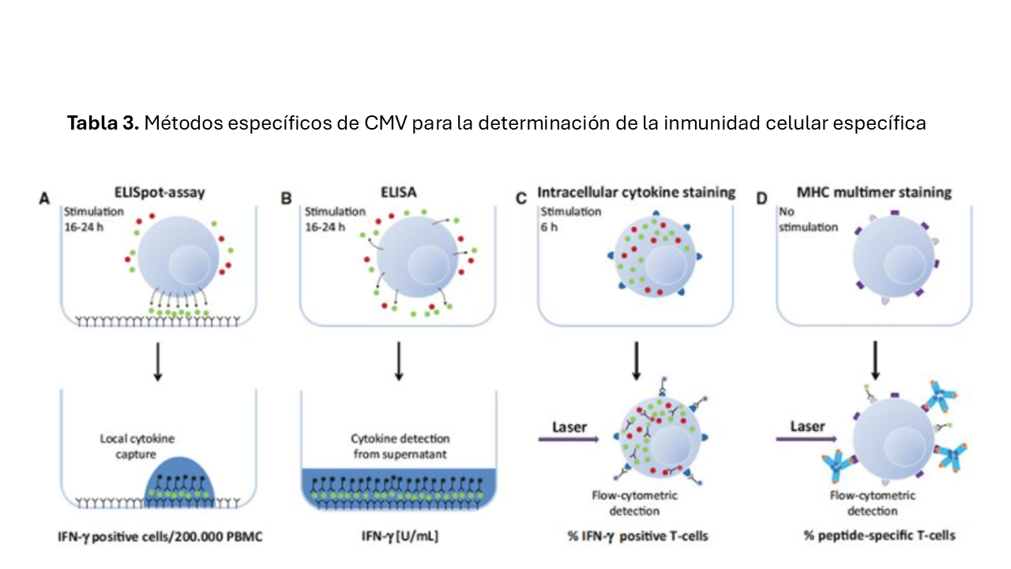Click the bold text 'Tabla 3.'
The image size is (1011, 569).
tap(103, 123)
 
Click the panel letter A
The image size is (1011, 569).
tap(47, 198)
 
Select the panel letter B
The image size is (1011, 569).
tap(286, 198)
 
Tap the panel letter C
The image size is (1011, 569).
tap(521, 198)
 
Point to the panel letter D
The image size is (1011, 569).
tap(762, 198)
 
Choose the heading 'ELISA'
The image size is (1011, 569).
tap(399, 191)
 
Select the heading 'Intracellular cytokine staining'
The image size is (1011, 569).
tap(637, 192)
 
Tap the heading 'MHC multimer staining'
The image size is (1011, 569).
tap(874, 192)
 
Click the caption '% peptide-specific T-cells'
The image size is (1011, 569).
tap(879, 536)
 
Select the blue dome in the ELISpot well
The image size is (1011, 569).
tap(179, 477)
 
